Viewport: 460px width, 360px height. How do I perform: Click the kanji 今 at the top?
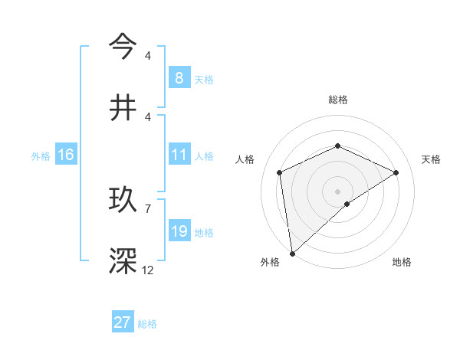123,45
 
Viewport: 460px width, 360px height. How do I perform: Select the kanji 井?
123,107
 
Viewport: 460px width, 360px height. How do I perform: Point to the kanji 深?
123,260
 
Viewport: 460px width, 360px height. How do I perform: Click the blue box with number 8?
179,77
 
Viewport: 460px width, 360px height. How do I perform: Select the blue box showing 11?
179,155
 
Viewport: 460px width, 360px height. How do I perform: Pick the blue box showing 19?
179,231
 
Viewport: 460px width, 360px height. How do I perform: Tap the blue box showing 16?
65,155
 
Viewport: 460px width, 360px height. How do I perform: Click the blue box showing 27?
122,322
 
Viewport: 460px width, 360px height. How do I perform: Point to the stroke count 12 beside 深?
148,270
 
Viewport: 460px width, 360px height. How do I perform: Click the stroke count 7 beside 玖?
148,208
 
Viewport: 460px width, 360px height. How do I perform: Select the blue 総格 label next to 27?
147,324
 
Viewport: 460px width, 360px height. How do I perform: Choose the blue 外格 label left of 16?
41,155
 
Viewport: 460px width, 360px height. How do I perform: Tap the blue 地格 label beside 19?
204,232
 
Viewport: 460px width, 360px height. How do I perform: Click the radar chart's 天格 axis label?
431,159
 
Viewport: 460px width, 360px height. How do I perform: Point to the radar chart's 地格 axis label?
402,262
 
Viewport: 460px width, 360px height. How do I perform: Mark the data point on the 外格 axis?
291,253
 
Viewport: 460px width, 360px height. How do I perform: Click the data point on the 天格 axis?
396,172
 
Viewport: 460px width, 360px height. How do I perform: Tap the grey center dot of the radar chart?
337,191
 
